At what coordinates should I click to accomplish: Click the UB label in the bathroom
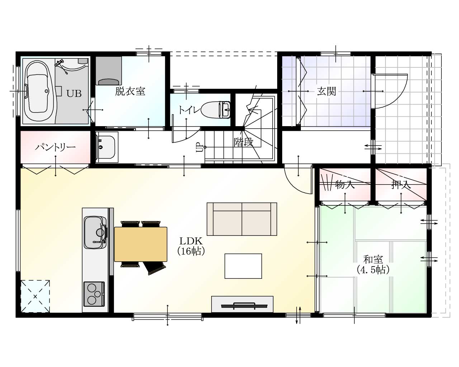74,94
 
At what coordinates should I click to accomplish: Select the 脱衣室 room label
130,91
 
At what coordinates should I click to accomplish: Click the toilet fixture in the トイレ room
216,110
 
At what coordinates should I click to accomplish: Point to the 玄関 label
327,91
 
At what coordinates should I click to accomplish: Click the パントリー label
55,147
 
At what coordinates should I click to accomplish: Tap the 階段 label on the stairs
244,142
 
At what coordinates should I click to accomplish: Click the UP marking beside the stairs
199,147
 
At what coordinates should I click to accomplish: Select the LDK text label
191,241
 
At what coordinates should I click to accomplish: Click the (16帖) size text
191,251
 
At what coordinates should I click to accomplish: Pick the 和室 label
373,259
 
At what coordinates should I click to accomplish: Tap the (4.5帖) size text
373,270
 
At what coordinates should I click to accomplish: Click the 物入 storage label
345,185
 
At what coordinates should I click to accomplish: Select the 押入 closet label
401,185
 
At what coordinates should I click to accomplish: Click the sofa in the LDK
242,219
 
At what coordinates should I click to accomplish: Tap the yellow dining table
141,244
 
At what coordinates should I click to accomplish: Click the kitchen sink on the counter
95,233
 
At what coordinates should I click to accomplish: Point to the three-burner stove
94,294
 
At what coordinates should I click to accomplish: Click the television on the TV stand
244,306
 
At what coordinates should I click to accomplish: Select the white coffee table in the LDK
243,266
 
